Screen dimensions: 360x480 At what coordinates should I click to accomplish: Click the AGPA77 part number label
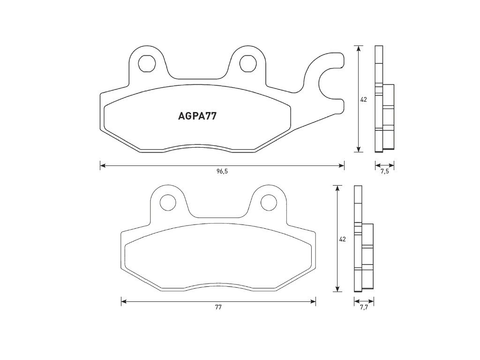tap(197, 116)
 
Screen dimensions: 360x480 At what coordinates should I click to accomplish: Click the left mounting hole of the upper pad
tap(148, 63)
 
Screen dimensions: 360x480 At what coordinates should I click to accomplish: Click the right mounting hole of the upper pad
tap(247, 63)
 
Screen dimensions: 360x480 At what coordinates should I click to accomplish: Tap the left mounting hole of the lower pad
tap(168, 202)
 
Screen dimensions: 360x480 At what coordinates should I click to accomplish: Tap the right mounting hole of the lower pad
tap(269, 202)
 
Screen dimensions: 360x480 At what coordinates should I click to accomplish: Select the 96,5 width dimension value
tap(222, 172)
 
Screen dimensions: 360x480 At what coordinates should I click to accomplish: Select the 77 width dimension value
tap(218, 307)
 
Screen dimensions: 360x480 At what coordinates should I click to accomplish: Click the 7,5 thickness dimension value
tap(384, 172)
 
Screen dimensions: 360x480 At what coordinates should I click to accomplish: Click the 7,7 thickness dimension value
tap(364, 307)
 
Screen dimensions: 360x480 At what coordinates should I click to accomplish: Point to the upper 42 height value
tap(363, 99)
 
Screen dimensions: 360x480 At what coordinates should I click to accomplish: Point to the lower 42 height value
tap(342, 239)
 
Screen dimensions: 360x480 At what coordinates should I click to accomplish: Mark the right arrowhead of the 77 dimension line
tap(313, 301)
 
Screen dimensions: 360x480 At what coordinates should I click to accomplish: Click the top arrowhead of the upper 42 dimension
tap(359, 48)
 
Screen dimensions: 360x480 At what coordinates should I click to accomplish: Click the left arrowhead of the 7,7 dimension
tap(356, 301)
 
